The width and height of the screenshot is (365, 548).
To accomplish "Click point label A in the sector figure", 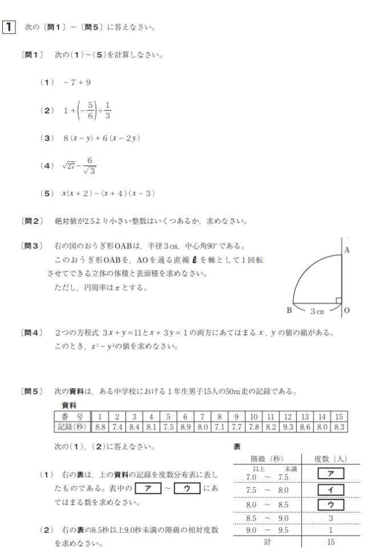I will click(x=347, y=250).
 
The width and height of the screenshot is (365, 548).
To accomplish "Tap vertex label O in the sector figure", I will click(x=348, y=310).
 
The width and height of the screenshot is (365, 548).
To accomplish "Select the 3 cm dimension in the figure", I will click(x=317, y=310).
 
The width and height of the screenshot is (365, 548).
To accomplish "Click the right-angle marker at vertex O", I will click(x=338, y=300).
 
